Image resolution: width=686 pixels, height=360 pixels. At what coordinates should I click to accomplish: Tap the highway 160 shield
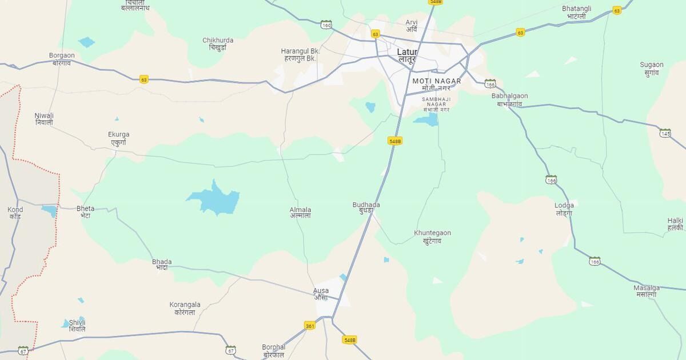[326, 25]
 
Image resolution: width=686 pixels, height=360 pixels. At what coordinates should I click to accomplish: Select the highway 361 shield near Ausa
[310, 326]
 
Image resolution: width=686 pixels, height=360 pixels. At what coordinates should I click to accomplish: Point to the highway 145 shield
[665, 133]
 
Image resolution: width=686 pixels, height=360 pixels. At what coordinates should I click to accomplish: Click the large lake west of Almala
[214, 200]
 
